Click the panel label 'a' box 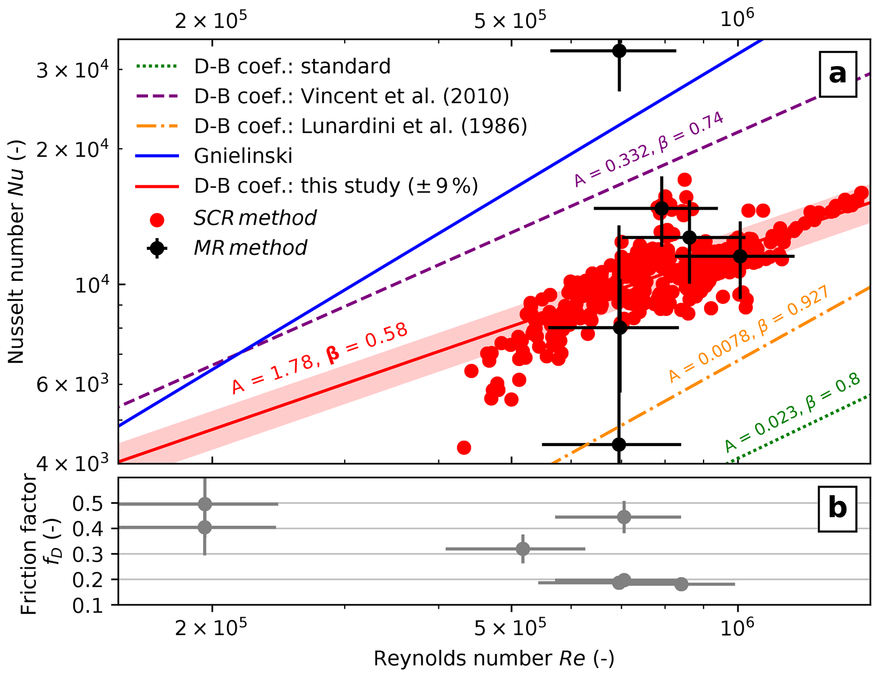pyautogui.click(x=837, y=74)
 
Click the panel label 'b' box pyautogui.click(x=837, y=509)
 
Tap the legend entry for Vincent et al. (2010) pyautogui.click(x=351, y=97)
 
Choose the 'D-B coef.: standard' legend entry pyautogui.click(x=292, y=67)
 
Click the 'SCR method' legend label pyautogui.click(x=255, y=218)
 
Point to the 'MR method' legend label pyautogui.click(x=250, y=248)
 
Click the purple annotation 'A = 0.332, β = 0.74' pyautogui.click(x=649, y=149)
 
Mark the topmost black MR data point pyautogui.click(x=620, y=51)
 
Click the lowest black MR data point pyautogui.click(x=619, y=444)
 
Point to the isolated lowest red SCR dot pyautogui.click(x=464, y=448)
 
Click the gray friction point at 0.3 pyautogui.click(x=523, y=549)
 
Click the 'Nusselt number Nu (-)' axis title pyautogui.click(x=16, y=253)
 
